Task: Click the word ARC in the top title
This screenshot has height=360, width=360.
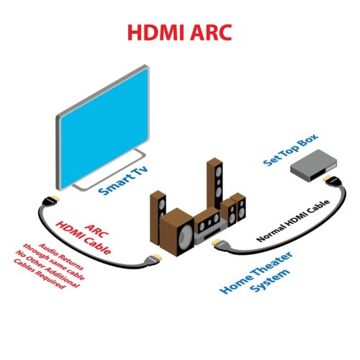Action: click(x=211, y=32)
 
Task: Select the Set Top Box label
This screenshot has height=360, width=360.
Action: click(x=291, y=150)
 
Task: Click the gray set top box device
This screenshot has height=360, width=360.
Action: click(x=313, y=165)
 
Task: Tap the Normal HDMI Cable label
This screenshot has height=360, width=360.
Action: click(x=293, y=220)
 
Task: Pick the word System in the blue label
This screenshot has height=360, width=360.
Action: click(x=270, y=280)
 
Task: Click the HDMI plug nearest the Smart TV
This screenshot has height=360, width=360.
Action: click(x=50, y=201)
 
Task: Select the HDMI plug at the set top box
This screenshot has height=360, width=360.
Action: click(x=332, y=180)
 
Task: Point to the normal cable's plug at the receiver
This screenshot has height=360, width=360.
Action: click(x=220, y=243)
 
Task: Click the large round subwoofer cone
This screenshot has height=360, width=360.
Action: click(x=186, y=235)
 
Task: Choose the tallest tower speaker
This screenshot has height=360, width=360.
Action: click(x=215, y=184)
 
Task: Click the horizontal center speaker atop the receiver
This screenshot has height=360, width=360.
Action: click(x=207, y=221)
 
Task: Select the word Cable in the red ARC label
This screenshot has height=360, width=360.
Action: click(x=97, y=245)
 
